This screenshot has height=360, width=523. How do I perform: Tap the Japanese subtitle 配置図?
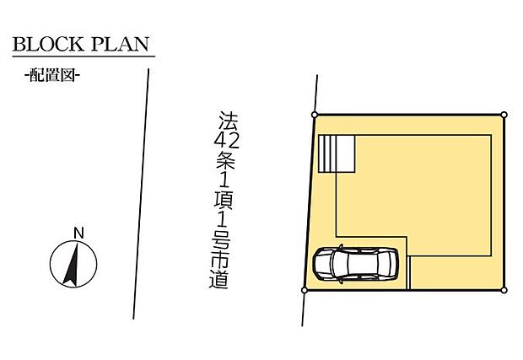click(52, 75)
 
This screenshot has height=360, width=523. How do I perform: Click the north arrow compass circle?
click(71, 263)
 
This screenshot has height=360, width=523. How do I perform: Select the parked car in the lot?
click(356, 264)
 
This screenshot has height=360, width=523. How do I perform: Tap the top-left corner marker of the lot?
click(315, 115)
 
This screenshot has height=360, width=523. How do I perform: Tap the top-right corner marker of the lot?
click(504, 115)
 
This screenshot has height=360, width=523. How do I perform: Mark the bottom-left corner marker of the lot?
click(304, 290)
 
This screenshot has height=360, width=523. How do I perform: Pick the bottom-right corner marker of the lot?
click(504, 290)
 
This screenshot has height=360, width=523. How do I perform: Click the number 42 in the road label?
click(222, 142)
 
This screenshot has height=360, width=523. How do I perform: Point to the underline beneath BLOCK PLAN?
click(84, 57)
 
